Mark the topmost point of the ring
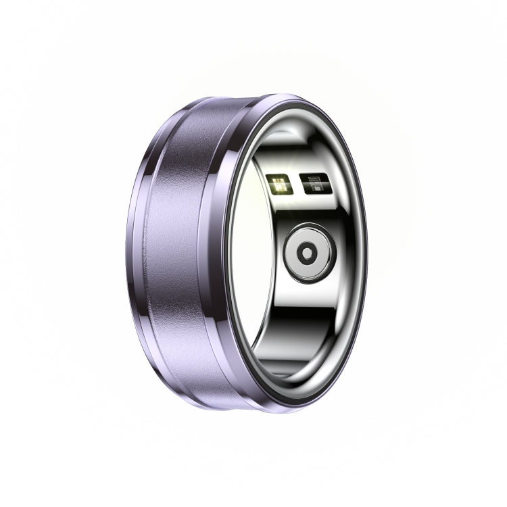[270, 93]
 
